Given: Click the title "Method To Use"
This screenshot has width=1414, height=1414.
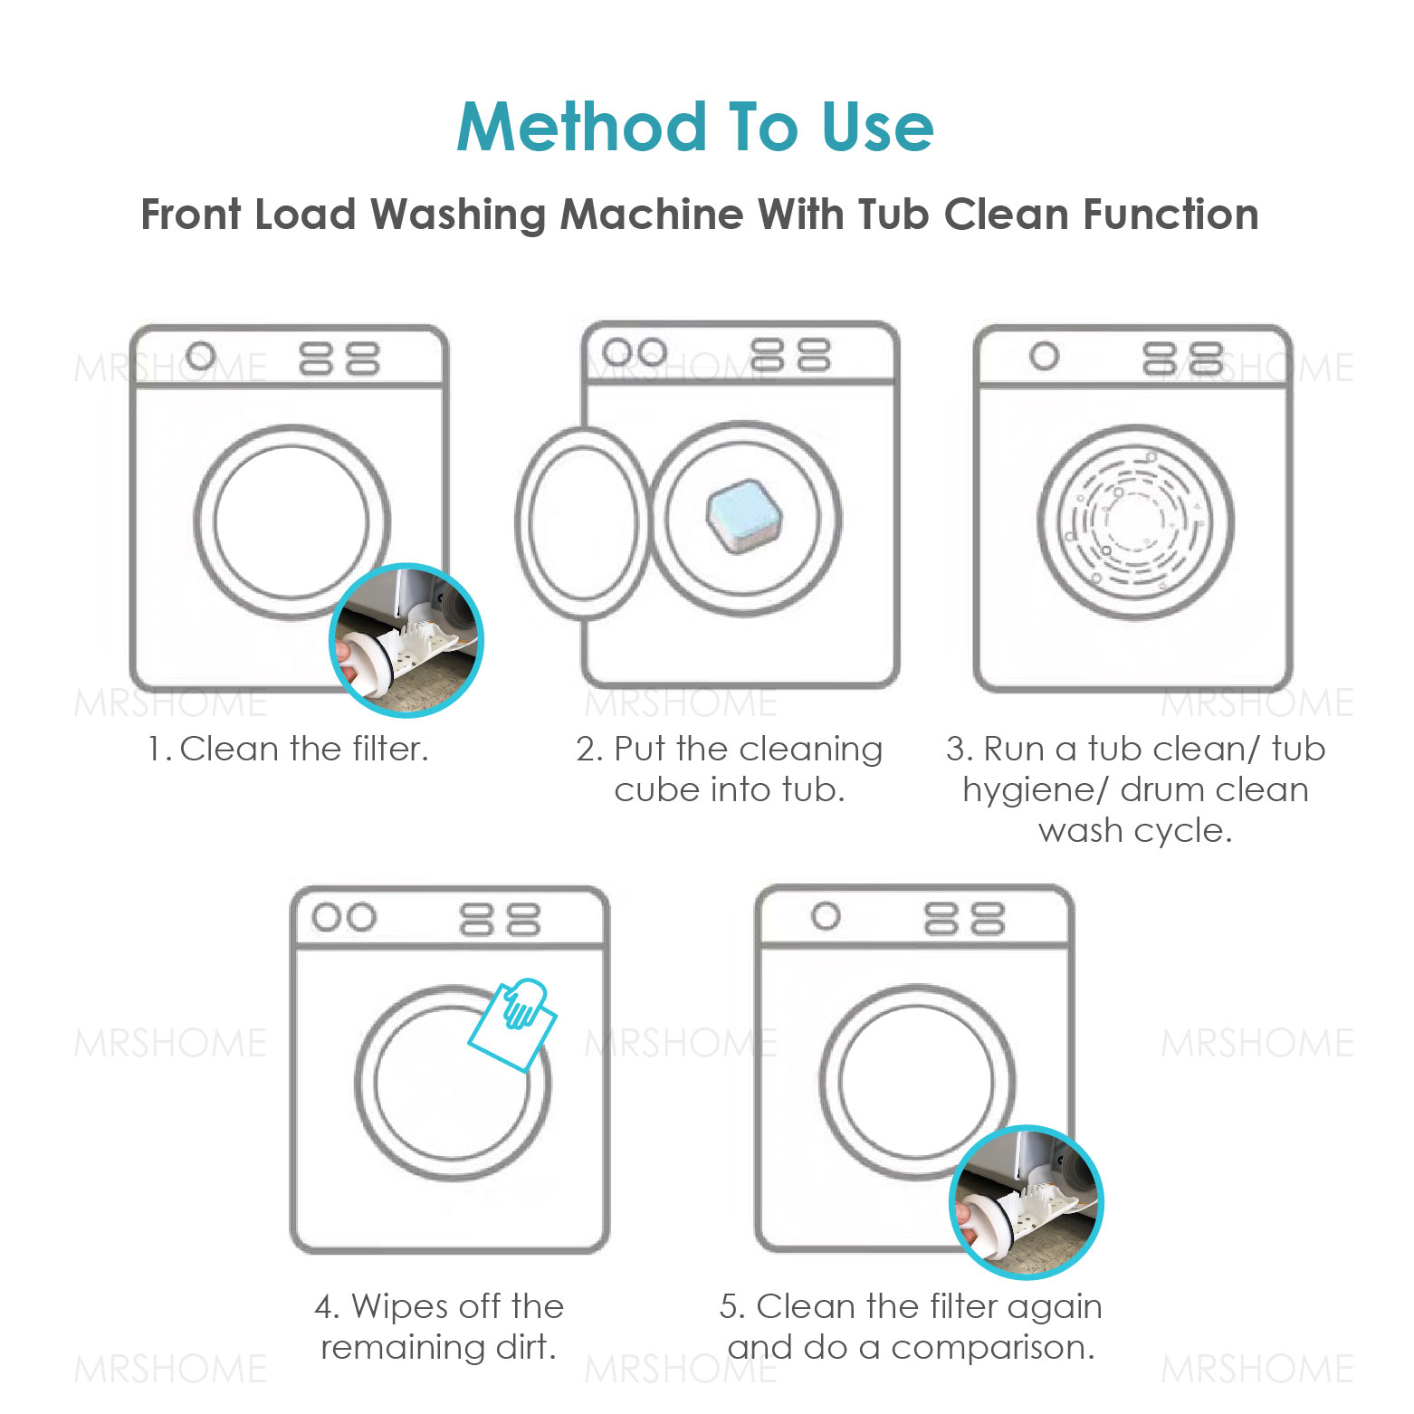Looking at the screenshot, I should pos(694,127).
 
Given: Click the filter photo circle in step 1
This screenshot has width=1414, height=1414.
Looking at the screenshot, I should pos(406,640).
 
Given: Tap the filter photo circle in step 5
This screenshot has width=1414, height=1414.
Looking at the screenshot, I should pos(1027,1201).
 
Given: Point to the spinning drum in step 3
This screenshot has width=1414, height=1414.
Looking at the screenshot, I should pos(1135,522).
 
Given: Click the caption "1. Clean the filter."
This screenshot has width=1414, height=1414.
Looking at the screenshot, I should pos(288,750).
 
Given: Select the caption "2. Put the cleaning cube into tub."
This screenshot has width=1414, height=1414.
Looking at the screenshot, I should pos(729,769).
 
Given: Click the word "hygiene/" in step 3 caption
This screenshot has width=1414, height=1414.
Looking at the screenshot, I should pos(1035,790).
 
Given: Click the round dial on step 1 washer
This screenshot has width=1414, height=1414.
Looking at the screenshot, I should pos(201,357).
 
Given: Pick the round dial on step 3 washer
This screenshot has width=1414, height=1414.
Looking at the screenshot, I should pos(1044,357).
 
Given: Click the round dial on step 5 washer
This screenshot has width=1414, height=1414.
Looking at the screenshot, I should pos(825,917).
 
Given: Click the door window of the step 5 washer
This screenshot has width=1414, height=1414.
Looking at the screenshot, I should pos(916,1082).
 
